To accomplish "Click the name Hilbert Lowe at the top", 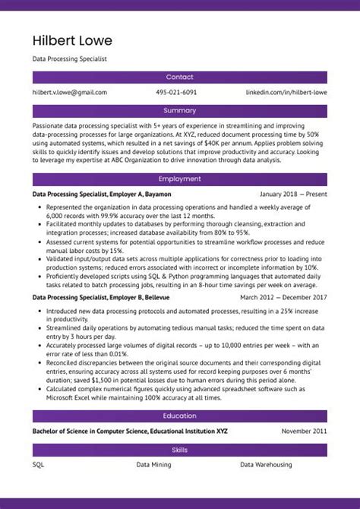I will coord(72,40).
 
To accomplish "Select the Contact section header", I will coord(180,77).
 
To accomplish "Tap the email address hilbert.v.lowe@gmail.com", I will coord(70,93).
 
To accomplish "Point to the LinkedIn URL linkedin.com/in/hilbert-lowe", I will coord(286,93).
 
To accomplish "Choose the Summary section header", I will coord(180,110).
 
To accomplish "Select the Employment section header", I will coord(180,179).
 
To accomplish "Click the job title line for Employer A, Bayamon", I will coord(102,194).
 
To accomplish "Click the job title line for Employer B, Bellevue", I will coord(101,298).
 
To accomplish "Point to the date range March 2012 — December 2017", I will coord(283,298).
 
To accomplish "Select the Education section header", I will coord(180,416).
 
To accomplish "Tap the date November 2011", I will coord(304,432).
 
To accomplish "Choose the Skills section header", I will coord(180,450).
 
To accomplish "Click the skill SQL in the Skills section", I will coord(39,464).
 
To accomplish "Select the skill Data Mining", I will coord(153,464).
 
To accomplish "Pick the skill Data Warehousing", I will coord(266,464).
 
